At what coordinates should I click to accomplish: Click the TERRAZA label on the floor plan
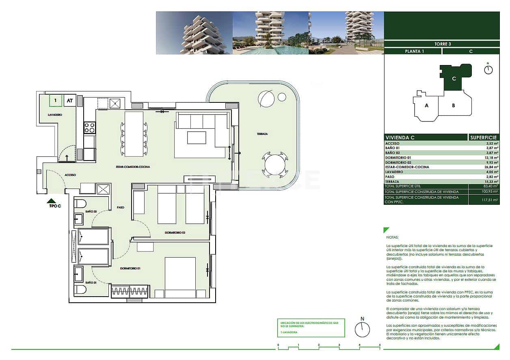click(261, 134)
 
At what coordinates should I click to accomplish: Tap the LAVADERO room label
click(54, 115)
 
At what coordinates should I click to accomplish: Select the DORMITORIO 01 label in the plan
click(131, 269)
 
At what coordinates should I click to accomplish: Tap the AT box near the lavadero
click(70, 100)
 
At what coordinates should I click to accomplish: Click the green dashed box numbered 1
click(55, 100)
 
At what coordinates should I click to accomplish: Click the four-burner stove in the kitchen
click(89, 128)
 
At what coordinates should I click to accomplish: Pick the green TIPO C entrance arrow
click(51, 201)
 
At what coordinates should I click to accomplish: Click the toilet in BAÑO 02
click(80, 203)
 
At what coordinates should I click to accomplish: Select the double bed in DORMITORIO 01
click(180, 278)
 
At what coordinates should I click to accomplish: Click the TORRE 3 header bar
click(442, 44)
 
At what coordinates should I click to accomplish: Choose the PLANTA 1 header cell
click(413, 52)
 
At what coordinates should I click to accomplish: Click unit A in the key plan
click(426, 106)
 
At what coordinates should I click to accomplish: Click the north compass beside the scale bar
click(362, 329)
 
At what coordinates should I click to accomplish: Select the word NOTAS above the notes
click(392, 237)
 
